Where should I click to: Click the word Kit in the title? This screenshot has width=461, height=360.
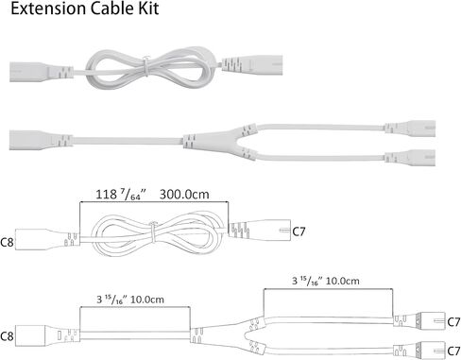147,9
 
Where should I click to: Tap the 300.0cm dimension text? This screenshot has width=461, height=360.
184,195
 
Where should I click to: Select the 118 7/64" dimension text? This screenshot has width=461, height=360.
121,195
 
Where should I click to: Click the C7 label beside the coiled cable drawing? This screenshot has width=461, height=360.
299,231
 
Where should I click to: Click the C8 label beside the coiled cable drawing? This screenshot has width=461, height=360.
7,242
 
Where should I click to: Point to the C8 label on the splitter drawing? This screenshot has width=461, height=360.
7,336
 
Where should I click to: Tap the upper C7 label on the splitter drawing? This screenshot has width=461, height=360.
453,322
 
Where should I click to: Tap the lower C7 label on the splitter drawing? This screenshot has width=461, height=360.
453,351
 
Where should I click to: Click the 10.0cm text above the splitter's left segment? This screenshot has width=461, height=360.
147,300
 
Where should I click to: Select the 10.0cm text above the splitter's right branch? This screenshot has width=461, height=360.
342,281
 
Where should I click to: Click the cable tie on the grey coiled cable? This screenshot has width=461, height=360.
145,66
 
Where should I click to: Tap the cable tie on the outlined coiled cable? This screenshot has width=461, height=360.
153,232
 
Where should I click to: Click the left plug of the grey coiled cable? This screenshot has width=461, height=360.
42,72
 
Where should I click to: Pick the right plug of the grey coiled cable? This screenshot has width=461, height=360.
252,64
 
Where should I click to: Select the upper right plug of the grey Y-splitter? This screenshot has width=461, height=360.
410,128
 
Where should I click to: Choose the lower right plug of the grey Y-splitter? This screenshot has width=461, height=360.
410,157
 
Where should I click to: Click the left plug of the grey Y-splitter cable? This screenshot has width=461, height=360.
41,140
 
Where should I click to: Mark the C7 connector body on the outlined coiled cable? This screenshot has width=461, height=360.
259,230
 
